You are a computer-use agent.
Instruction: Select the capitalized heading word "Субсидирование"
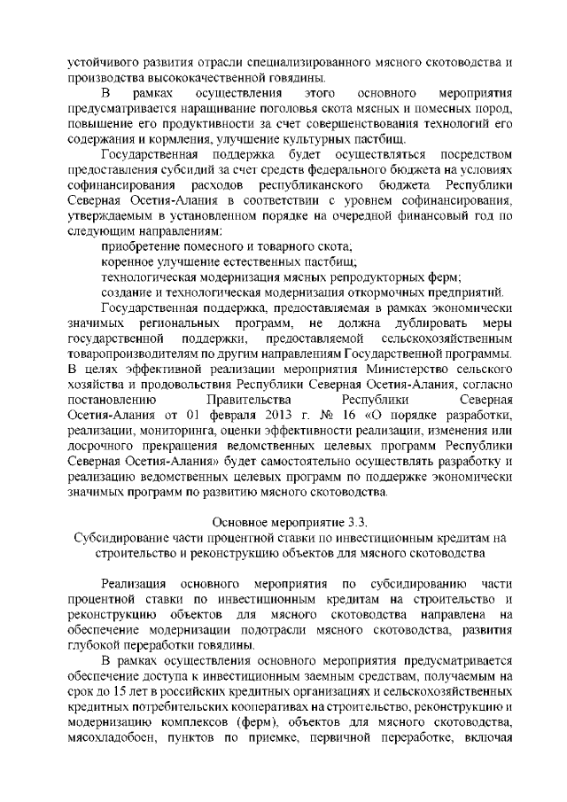[121, 538]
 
